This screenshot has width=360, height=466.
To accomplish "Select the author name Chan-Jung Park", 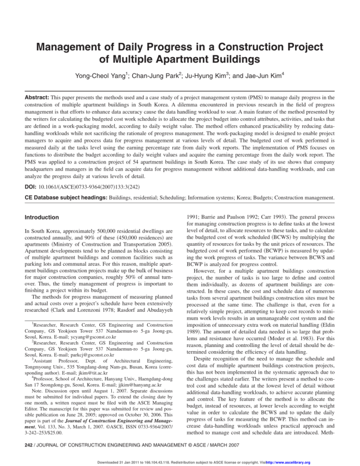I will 153,75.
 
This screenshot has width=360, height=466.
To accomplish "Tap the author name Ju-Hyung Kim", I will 205,75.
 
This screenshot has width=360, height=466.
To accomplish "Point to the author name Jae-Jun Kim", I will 258,75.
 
